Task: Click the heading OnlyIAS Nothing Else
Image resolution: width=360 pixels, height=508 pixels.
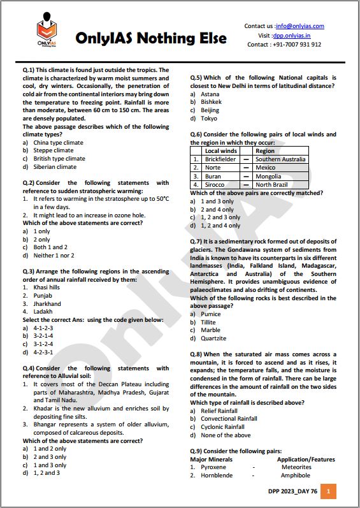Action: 150,39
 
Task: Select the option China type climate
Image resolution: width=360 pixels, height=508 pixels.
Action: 58,143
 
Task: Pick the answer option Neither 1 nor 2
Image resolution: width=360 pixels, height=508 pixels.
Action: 55,256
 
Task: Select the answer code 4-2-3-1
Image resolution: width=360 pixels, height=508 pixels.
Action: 43,352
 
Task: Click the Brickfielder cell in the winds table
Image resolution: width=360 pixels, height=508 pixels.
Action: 220,159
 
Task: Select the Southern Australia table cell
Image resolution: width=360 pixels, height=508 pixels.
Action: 280,159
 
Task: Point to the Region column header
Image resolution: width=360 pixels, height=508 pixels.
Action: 265,151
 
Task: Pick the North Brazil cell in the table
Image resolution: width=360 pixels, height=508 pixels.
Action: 272,185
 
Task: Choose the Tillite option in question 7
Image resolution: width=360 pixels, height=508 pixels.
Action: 208,323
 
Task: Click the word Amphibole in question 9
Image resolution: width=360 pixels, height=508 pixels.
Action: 295,475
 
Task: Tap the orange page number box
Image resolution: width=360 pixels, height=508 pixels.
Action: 328,491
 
